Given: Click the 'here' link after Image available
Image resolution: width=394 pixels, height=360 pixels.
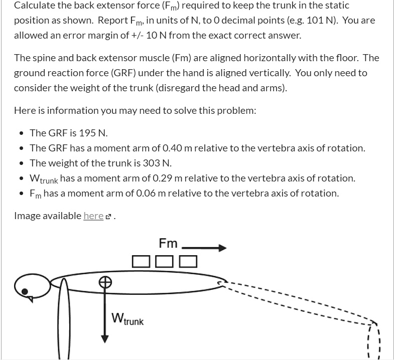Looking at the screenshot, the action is tap(93, 216).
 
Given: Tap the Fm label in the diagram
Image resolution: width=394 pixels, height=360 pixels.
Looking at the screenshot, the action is tap(168, 244).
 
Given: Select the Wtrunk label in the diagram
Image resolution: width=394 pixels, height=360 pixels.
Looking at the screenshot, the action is tap(128, 319).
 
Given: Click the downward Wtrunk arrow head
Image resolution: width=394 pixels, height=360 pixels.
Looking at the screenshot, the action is tap(104, 338).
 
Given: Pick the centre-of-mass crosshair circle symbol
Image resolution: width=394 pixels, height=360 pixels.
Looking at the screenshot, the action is tap(104, 282).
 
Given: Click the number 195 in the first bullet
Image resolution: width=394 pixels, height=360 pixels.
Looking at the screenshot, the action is tap(84, 133).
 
